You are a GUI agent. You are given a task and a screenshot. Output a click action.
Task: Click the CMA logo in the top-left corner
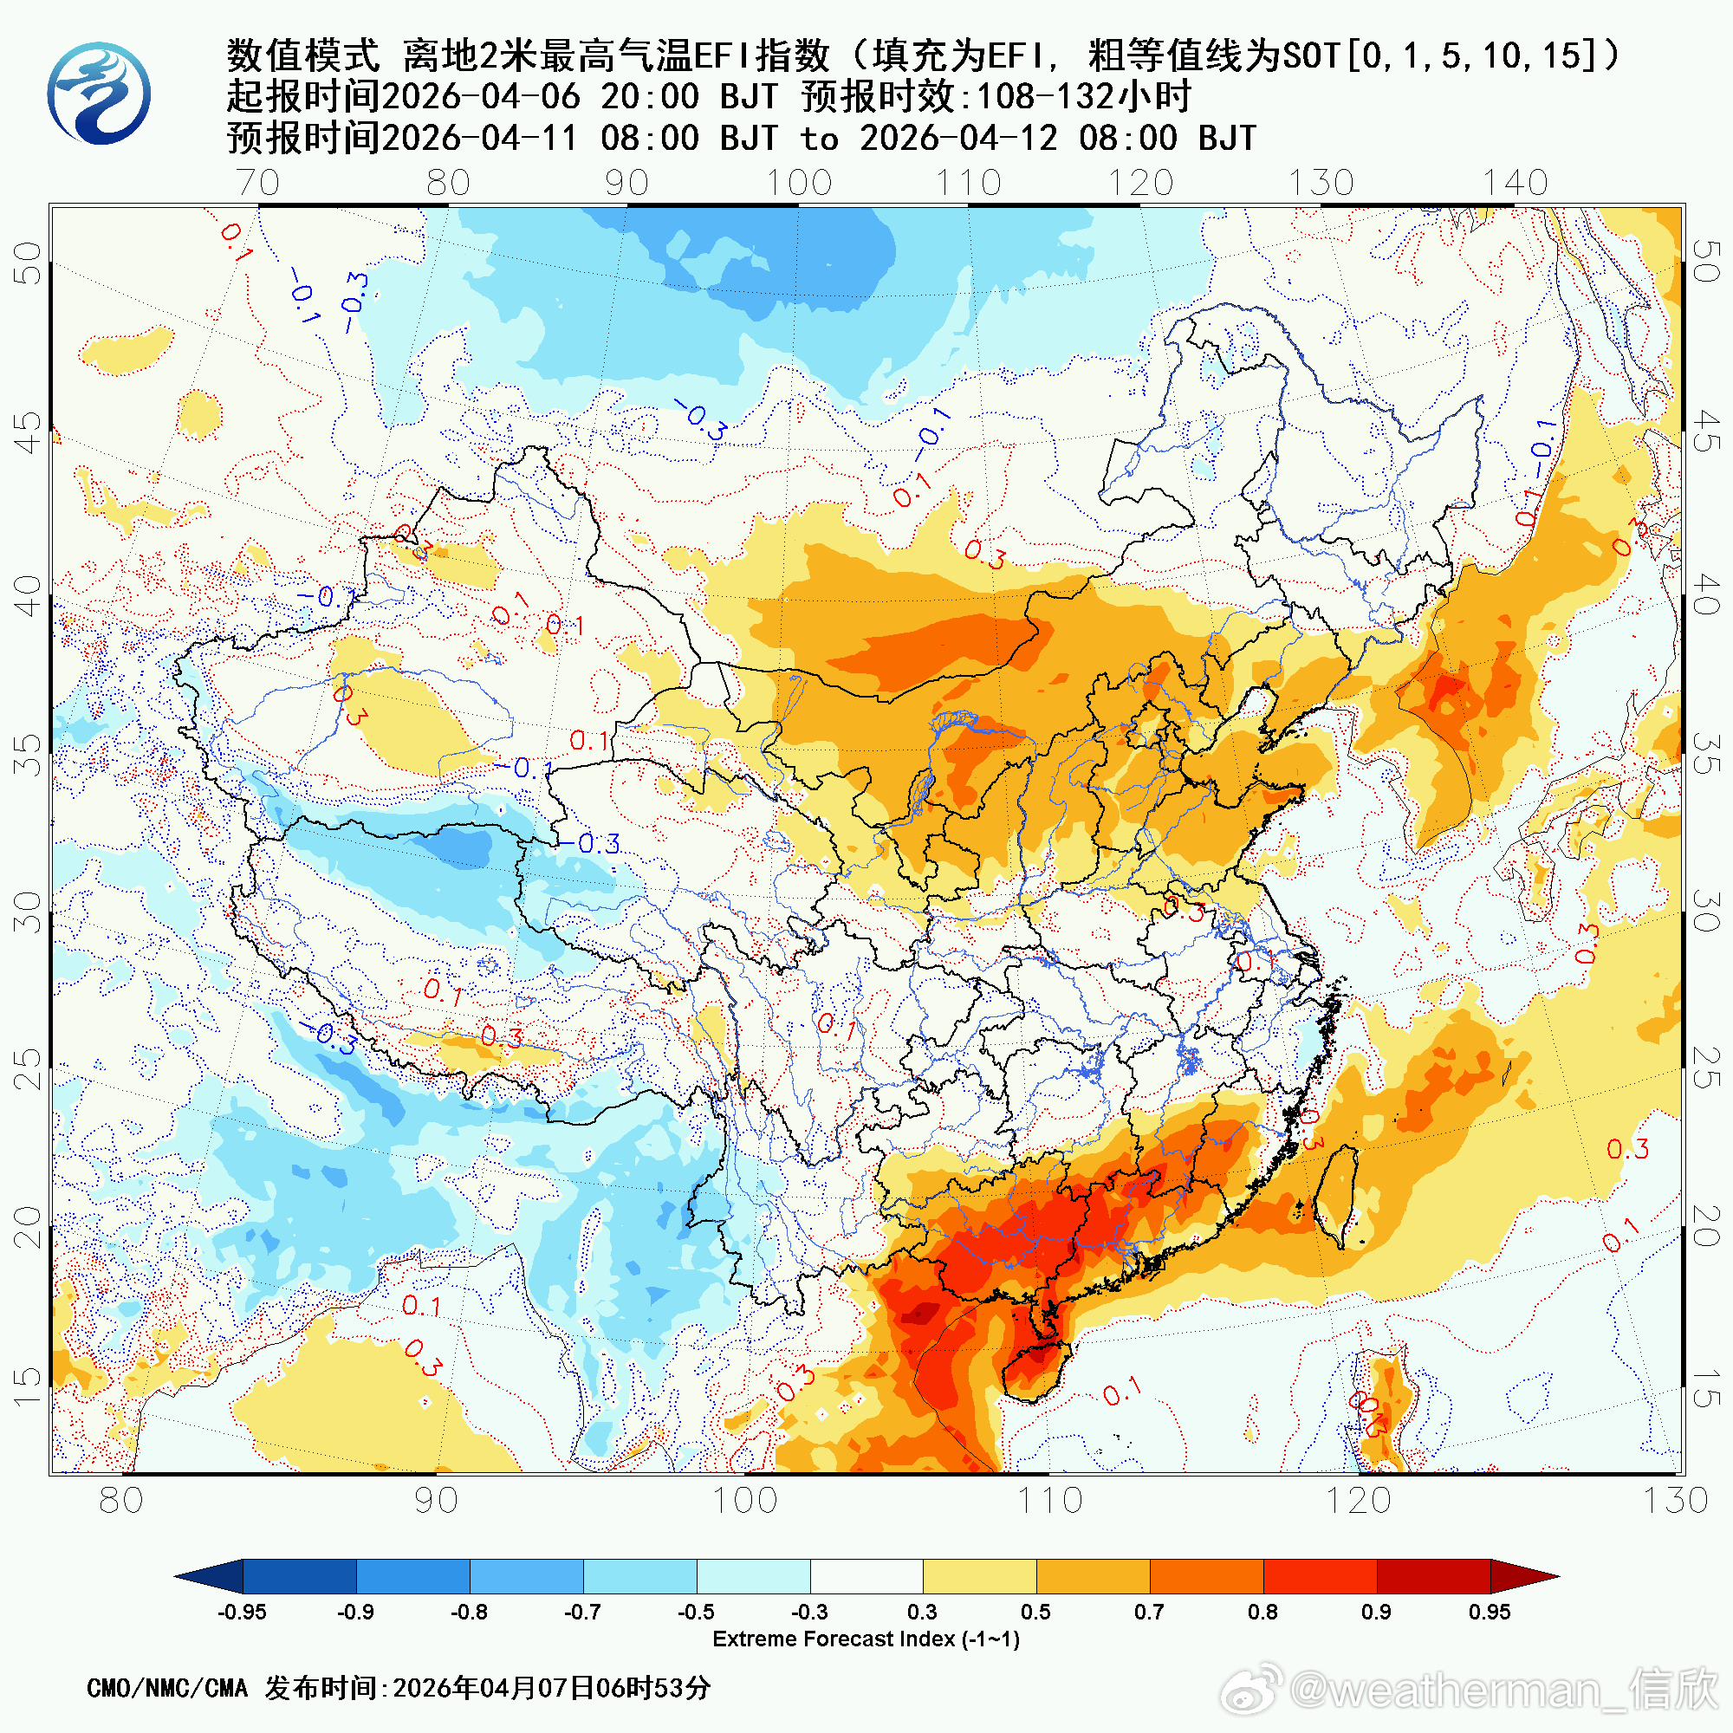(99, 94)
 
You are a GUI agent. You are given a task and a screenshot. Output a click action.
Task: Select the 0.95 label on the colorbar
(1489, 1612)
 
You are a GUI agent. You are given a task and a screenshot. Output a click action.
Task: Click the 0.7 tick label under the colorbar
(1149, 1612)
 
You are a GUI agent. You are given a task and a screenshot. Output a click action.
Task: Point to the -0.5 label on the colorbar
(696, 1612)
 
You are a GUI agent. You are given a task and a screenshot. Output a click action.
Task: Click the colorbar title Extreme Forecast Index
(866, 1639)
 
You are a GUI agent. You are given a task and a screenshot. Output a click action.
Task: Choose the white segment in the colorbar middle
(866, 1576)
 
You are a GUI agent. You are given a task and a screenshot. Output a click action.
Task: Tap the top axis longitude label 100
(798, 183)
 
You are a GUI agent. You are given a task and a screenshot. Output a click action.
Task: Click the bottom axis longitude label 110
(1049, 1501)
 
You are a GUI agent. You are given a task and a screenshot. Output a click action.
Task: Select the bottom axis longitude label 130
(1675, 1501)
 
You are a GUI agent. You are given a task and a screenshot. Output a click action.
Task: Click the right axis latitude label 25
(1704, 1068)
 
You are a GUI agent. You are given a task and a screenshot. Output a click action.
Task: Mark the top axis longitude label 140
(1515, 183)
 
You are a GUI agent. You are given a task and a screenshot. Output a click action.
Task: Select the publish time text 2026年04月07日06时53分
(552, 1688)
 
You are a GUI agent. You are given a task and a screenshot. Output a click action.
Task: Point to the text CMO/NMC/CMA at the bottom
(167, 1688)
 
